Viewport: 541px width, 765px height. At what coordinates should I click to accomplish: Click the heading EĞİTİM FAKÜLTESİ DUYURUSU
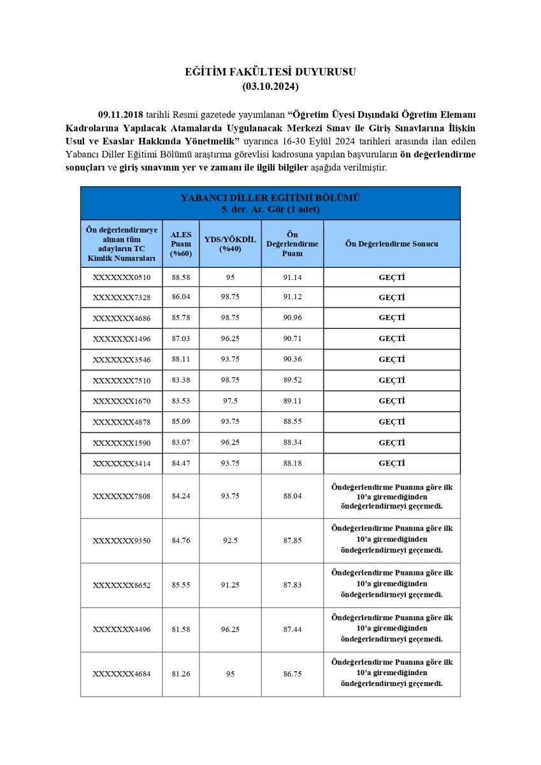tap(270, 72)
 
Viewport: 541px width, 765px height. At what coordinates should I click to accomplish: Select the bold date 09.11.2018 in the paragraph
tap(121, 114)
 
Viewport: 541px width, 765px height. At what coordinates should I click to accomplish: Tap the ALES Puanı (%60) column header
tap(181, 244)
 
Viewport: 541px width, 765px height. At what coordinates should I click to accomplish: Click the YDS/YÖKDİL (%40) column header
tap(230, 244)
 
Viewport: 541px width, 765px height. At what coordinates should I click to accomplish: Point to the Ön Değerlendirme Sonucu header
tap(391, 244)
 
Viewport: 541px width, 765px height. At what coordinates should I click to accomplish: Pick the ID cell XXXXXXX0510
tap(122, 277)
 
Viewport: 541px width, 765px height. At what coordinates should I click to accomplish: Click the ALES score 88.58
tap(181, 277)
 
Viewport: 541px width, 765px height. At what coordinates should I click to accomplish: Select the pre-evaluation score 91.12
tap(292, 298)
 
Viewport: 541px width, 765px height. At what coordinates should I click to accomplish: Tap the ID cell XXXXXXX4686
tap(122, 319)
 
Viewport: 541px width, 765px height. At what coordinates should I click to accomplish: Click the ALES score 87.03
tap(181, 339)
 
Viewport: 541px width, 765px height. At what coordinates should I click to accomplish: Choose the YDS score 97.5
tap(230, 402)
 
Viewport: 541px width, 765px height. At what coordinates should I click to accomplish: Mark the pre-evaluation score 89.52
tap(292, 381)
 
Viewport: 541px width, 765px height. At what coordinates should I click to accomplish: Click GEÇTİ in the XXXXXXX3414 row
tap(392, 463)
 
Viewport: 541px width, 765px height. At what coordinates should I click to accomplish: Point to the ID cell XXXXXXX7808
tap(122, 497)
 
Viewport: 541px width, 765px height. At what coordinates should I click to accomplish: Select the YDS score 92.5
tap(230, 541)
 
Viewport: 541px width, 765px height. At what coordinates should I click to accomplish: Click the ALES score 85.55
tap(181, 585)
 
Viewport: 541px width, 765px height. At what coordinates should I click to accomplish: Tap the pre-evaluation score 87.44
tap(292, 629)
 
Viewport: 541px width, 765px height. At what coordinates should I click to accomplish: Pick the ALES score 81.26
tap(181, 674)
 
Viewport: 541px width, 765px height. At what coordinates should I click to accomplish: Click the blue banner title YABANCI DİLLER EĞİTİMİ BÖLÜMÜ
tap(270, 198)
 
